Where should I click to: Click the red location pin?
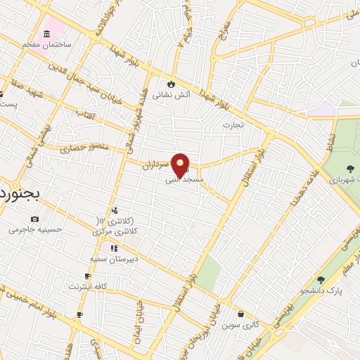tap(181, 166)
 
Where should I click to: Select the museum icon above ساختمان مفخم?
tap(47, 34)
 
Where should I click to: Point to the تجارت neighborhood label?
tap(233, 125)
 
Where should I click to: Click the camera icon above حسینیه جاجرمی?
tap(34, 219)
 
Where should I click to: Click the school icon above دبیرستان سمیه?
tap(113, 247)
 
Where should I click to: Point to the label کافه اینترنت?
tap(88, 286)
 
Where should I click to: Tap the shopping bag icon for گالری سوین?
tap(241, 314)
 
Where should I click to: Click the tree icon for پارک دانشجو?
tap(321, 280)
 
